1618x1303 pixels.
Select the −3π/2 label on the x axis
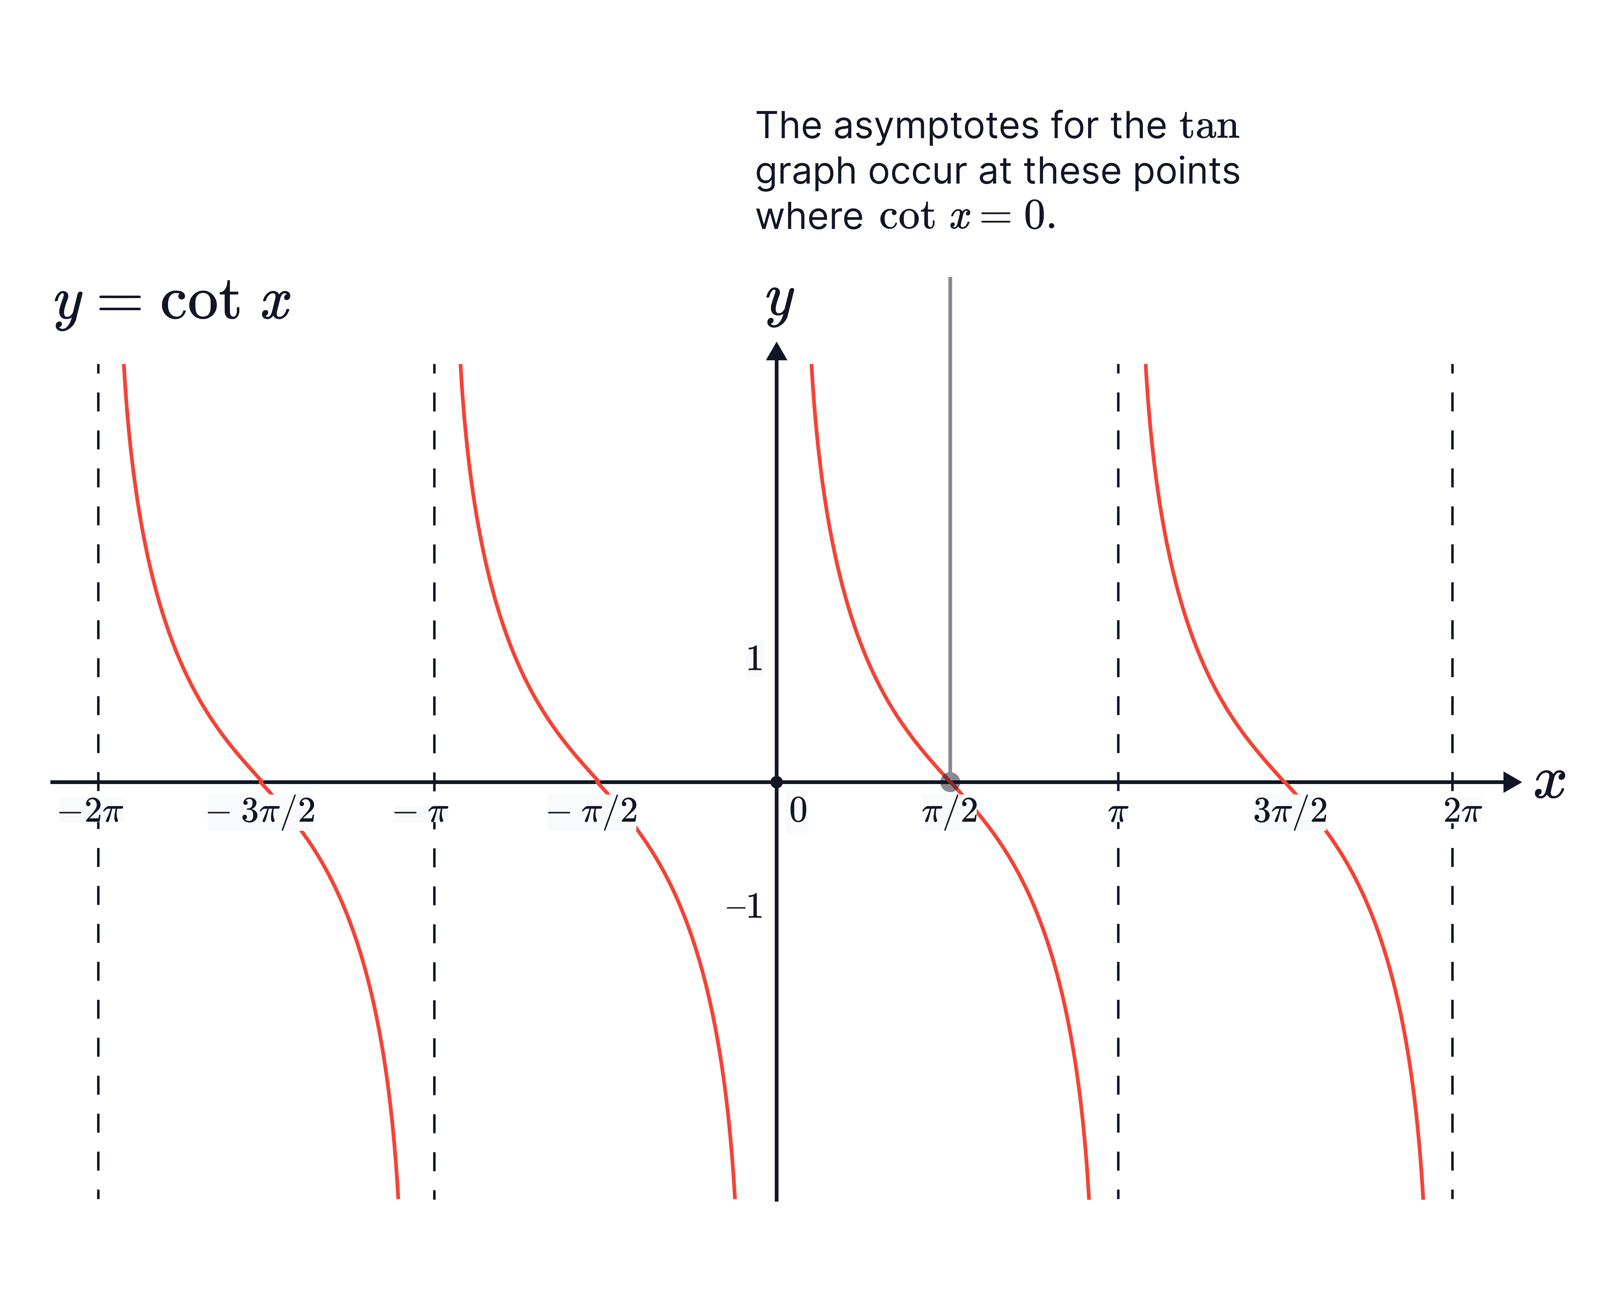(260, 811)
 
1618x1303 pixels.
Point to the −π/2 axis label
(592, 811)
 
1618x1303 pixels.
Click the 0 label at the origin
(797, 811)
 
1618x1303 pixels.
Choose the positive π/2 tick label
(949, 811)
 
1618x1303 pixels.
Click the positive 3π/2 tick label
(1290, 811)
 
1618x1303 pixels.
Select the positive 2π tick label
(1463, 810)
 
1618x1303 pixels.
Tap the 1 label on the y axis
(754, 658)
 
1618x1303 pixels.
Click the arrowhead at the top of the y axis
(777, 351)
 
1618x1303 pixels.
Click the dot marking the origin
(777, 782)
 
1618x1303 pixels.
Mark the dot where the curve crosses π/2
(950, 782)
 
